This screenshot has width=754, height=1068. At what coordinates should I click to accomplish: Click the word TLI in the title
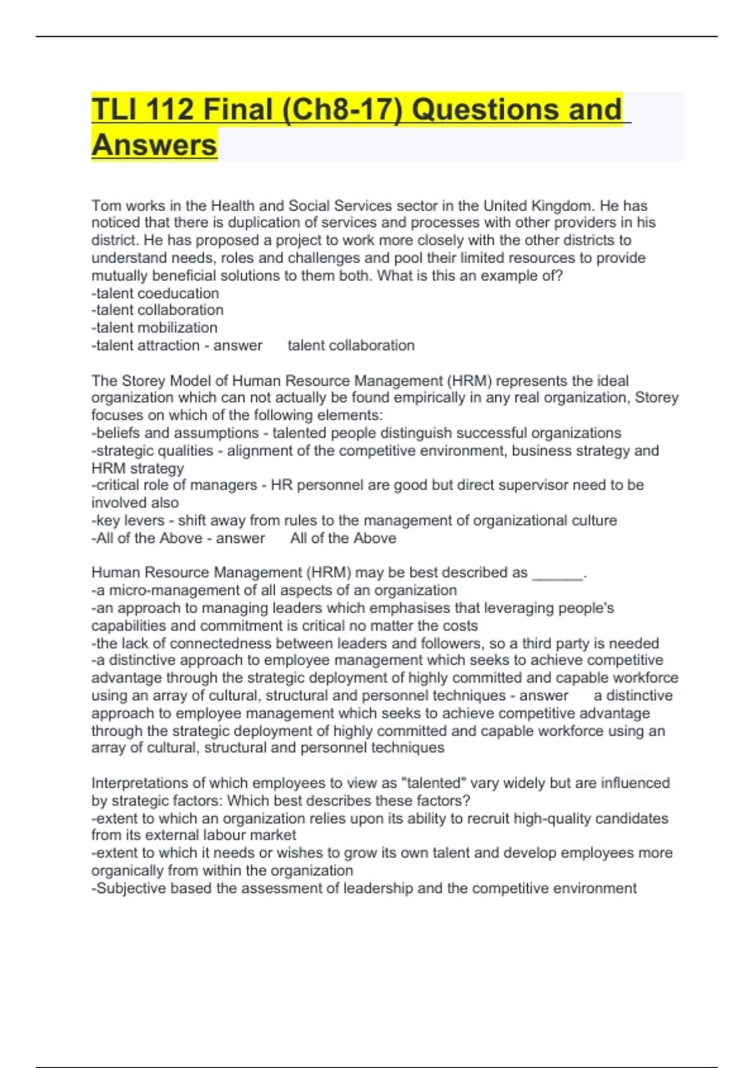click(112, 109)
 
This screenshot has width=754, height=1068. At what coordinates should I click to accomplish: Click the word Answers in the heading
click(155, 145)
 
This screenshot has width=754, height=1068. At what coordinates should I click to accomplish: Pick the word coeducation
click(178, 293)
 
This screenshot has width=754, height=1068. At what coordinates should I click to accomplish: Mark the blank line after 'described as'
click(557, 574)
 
